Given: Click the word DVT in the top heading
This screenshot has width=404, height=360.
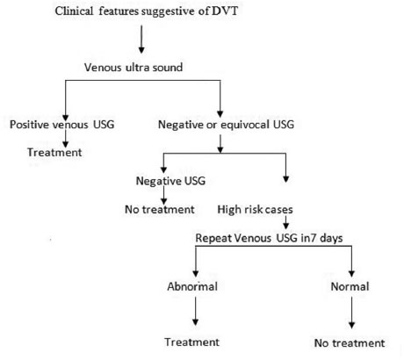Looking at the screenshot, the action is click(x=225, y=11).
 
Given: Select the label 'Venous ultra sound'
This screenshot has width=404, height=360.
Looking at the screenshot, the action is click(x=133, y=68).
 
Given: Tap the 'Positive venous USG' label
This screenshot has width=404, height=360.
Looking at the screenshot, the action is click(x=62, y=125).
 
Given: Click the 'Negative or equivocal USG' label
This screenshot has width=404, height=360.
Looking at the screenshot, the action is click(x=226, y=125).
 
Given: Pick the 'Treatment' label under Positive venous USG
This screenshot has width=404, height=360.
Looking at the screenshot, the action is click(x=54, y=153).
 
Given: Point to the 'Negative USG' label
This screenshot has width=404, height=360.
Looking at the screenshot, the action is click(x=170, y=181).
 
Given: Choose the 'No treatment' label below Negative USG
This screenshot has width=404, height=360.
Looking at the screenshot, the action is click(x=160, y=209).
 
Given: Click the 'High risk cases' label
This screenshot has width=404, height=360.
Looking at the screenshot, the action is click(x=255, y=210).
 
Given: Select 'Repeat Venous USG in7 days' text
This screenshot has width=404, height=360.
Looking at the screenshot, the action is click(x=269, y=238).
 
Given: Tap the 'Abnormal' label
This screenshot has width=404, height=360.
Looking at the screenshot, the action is click(x=192, y=286).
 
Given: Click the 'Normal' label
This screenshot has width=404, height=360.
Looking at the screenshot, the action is click(x=350, y=286).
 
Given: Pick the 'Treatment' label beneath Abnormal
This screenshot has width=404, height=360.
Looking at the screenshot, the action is click(x=191, y=342).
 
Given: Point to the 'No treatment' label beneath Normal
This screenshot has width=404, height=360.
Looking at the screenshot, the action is click(x=350, y=342).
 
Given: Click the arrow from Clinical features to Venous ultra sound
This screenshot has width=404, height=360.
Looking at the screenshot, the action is click(x=141, y=40).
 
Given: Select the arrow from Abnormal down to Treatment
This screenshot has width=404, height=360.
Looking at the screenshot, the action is click(x=195, y=311).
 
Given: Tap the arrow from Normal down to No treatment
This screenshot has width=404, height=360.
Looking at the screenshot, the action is click(x=351, y=313).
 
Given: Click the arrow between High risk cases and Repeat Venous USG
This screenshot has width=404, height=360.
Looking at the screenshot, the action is click(x=286, y=222).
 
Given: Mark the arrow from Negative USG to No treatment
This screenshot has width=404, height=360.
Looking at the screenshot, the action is click(x=164, y=195).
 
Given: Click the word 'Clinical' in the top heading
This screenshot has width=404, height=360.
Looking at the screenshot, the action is click(x=74, y=11).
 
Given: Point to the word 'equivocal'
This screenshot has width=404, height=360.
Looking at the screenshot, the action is click(x=245, y=125).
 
